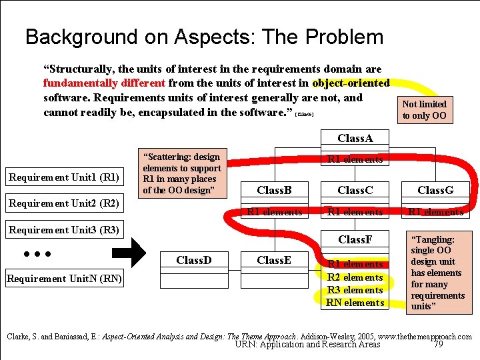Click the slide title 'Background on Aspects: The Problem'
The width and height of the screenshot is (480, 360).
[x=204, y=37]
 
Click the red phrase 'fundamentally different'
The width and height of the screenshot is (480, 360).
[x=104, y=83]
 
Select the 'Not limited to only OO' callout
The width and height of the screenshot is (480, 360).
[x=424, y=110]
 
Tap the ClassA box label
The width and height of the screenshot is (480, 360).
[x=355, y=138]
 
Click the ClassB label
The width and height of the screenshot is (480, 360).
[x=274, y=191]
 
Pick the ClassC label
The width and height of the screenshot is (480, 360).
[x=355, y=191]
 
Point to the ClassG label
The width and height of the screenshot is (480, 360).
[x=435, y=191]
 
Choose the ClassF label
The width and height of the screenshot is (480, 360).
[x=355, y=239]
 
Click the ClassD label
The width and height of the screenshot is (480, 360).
[x=194, y=260]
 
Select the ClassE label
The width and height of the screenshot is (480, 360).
[x=274, y=260]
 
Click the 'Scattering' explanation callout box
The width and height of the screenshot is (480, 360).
[x=182, y=173]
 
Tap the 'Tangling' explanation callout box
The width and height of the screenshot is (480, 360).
[x=437, y=272]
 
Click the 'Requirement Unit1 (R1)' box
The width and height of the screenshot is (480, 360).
[x=63, y=177]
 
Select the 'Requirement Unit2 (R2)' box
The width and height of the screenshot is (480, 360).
[x=63, y=203]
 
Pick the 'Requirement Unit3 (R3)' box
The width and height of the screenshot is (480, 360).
[x=63, y=230]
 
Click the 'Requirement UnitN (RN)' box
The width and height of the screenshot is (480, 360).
[x=63, y=279]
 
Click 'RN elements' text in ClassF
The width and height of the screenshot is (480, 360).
[x=355, y=303]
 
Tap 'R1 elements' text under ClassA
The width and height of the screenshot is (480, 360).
[x=355, y=159]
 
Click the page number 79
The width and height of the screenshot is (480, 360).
[x=437, y=345]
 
